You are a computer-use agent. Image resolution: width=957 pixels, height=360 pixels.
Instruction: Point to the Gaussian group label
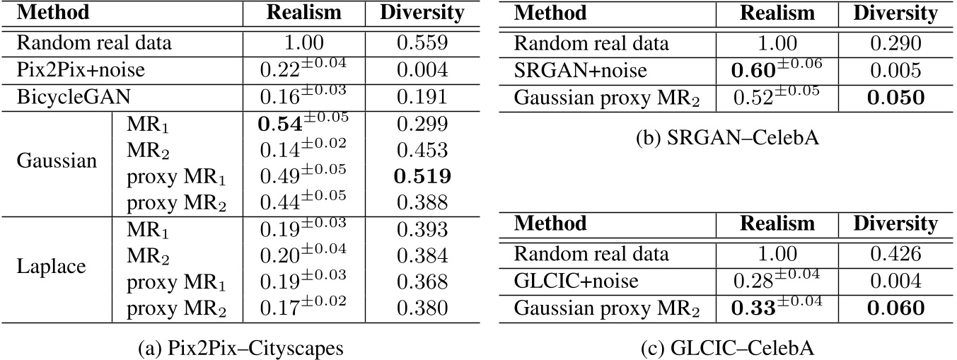tap(57, 163)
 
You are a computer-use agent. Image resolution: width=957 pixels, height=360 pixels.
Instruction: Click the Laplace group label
tap(51, 269)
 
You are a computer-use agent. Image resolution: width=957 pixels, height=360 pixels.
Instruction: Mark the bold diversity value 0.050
tap(895, 97)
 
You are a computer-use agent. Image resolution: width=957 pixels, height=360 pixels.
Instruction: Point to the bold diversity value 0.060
tap(895, 308)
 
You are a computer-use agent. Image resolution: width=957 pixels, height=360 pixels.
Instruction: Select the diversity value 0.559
tap(422, 44)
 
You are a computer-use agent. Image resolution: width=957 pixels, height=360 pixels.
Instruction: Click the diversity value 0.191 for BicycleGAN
tap(422, 97)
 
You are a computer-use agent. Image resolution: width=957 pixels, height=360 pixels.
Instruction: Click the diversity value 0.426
tap(895, 255)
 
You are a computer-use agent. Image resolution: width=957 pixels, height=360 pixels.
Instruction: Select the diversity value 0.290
tap(895, 44)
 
